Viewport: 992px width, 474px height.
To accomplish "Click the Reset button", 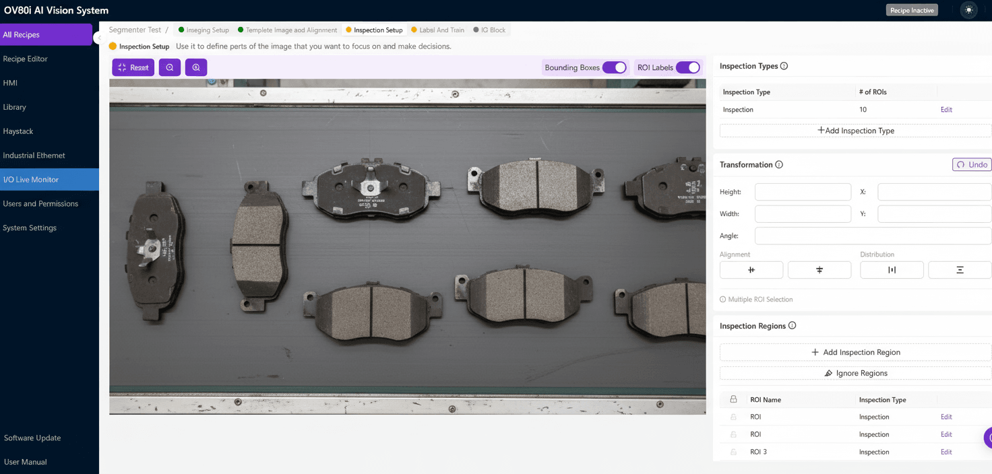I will tap(133, 67).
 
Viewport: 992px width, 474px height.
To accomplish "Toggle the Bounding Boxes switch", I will tap(614, 67).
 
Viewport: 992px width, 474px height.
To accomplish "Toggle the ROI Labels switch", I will tap(687, 67).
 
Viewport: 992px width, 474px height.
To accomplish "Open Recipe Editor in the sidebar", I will tap(26, 59).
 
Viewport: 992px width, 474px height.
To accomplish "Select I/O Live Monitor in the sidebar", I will tap(31, 180).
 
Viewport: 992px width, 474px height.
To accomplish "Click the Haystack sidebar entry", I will tap(18, 131).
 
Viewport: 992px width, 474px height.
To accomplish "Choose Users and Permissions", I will tap(40, 204).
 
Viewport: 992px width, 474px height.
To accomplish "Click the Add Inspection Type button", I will tap(855, 131).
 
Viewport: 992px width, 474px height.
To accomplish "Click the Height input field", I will tap(803, 192).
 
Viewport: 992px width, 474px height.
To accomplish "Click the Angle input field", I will tap(873, 236).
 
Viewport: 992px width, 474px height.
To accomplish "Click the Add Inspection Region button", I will tap(855, 352).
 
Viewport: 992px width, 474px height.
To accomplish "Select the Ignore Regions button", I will tap(855, 373).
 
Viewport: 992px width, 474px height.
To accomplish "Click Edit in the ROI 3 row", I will tap(946, 452).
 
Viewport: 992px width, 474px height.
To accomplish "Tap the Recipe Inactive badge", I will tap(912, 10).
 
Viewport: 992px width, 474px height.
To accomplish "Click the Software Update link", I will tap(32, 438).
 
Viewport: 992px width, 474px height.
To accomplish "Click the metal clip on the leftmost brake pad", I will tap(150, 248).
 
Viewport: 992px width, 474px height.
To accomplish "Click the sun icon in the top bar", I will tap(968, 10).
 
